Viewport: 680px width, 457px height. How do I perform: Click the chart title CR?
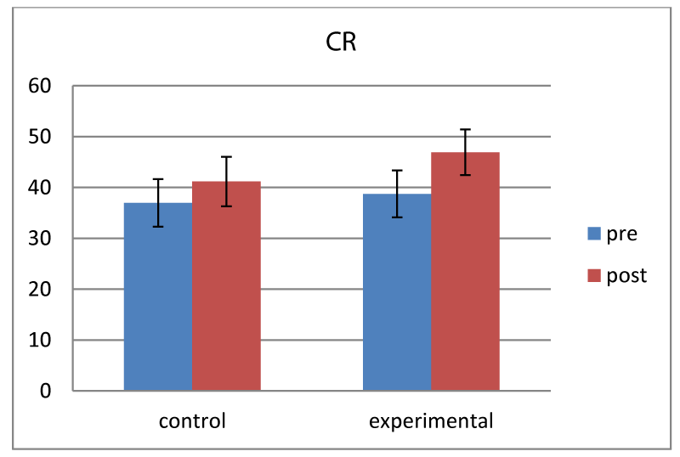click(341, 42)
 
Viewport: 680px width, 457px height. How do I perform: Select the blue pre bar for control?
click(158, 296)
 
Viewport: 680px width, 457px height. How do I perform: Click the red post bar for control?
click(226, 285)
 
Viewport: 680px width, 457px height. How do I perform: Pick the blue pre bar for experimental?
click(397, 292)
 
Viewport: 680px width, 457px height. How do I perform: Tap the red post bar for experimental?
click(465, 272)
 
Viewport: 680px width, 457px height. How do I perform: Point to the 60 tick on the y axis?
click(40, 86)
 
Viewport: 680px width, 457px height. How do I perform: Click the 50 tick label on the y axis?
click(40, 137)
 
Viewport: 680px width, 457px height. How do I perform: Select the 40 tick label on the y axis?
click(40, 188)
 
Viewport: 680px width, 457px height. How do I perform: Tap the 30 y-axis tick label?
click(40, 238)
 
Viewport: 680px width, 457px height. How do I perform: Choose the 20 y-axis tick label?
click(40, 289)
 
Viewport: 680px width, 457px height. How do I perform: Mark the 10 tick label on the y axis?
click(40, 340)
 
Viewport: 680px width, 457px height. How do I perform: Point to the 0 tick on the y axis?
click(46, 391)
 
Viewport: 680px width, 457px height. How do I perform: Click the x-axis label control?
click(192, 421)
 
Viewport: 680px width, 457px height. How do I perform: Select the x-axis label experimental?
click(431, 421)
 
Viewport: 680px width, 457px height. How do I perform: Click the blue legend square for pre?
click(594, 234)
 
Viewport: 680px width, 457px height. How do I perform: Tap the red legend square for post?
click(594, 276)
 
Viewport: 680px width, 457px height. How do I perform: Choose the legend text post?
click(626, 276)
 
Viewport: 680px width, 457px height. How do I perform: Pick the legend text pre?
click(622, 234)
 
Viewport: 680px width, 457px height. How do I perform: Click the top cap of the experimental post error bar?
click(465, 129)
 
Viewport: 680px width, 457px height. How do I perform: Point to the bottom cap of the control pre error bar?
click(158, 226)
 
